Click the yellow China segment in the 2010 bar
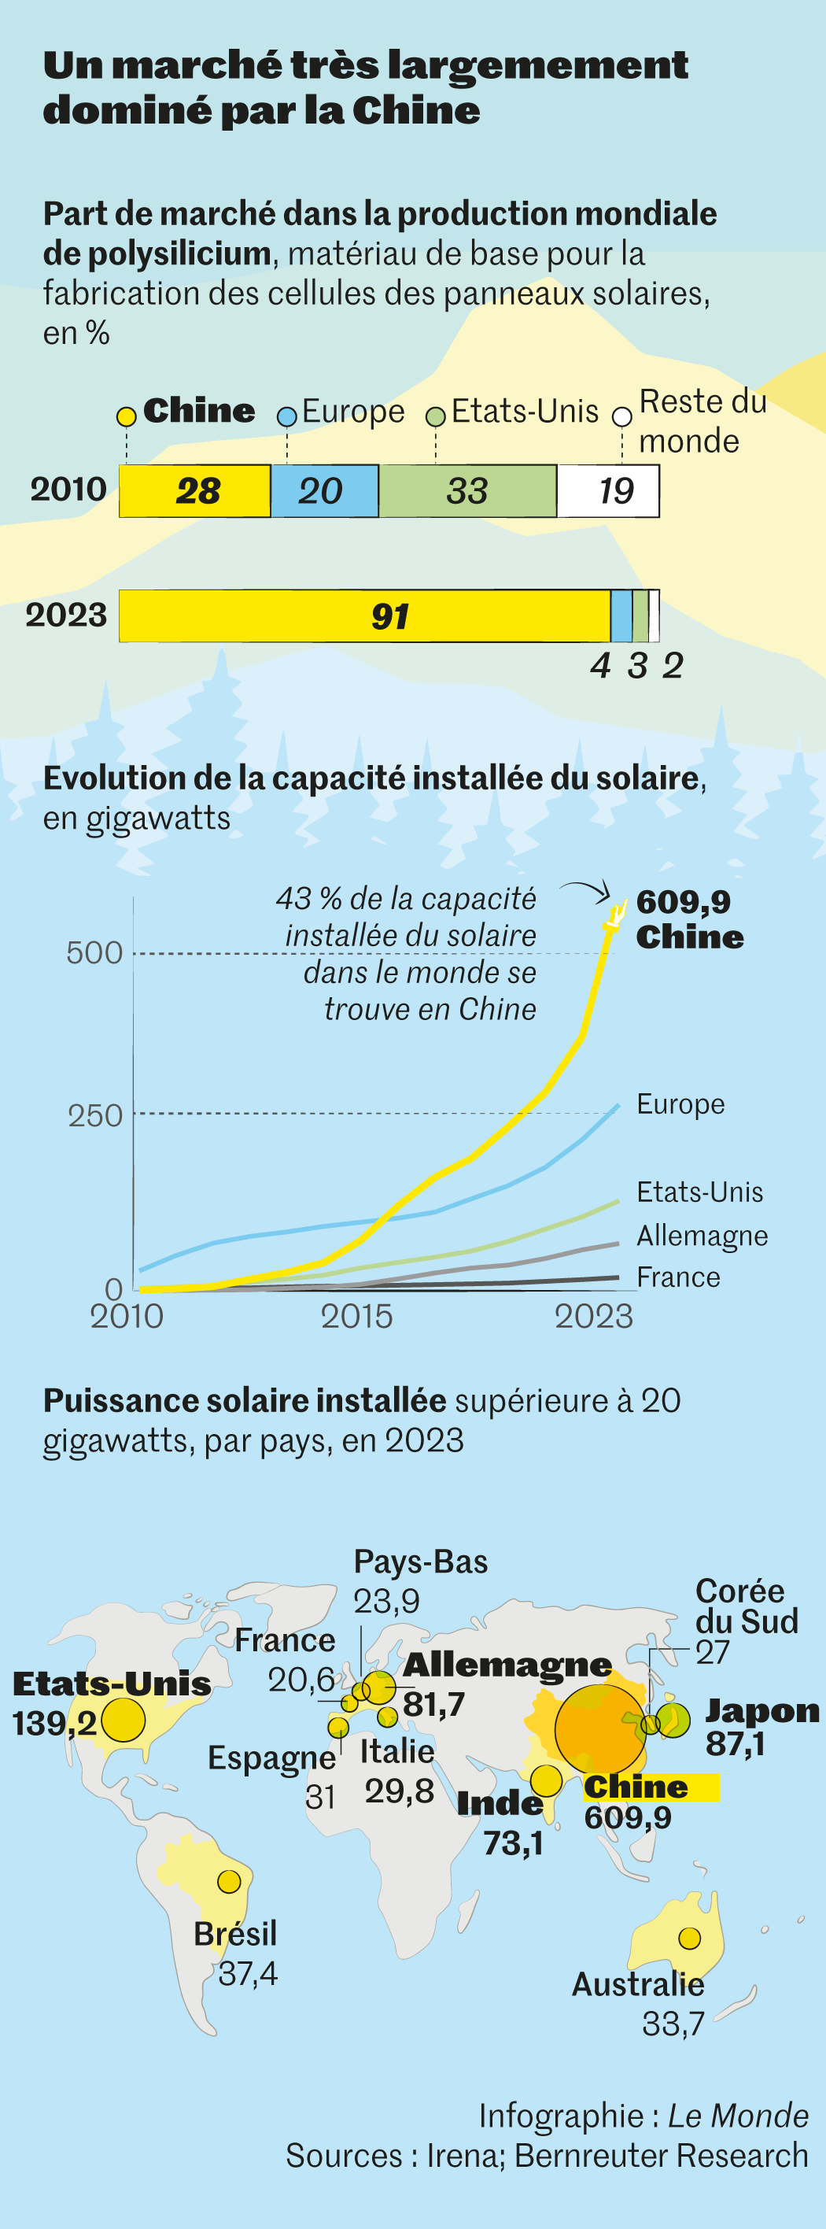pyautogui.click(x=194, y=490)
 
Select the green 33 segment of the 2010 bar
pyautogui.click(x=467, y=490)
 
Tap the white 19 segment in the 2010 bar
pyautogui.click(x=608, y=490)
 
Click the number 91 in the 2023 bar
pyautogui.click(x=389, y=616)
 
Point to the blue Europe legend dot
pyautogui.click(x=286, y=416)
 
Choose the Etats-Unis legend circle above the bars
pyautogui.click(x=436, y=416)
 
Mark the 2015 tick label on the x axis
pyautogui.click(x=356, y=1316)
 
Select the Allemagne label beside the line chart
pyautogui.click(x=702, y=1236)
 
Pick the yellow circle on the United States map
pyautogui.click(x=123, y=1719)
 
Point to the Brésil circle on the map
pyautogui.click(x=229, y=1881)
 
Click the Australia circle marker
pyautogui.click(x=689, y=1939)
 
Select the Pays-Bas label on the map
pyautogui.click(x=420, y=1562)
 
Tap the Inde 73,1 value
pyautogui.click(x=513, y=1844)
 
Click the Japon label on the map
pyautogui.click(x=762, y=1710)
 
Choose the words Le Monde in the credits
pyautogui.click(x=738, y=2116)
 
